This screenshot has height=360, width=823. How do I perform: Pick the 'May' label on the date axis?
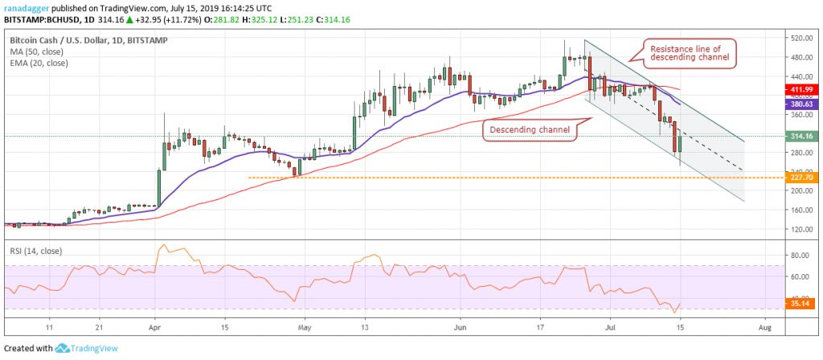pos(303,328)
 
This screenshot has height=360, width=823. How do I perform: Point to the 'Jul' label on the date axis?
pos(612,328)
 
